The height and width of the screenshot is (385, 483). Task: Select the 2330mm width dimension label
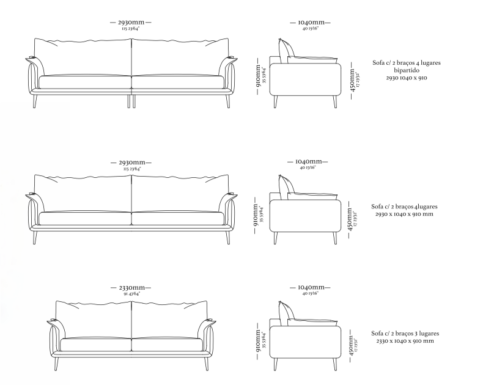[x=131, y=287]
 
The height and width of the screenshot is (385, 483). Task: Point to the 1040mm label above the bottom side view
[x=310, y=287]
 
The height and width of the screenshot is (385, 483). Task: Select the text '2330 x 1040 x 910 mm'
[x=406, y=341]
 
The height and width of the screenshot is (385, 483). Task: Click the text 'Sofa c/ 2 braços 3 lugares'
[x=406, y=333]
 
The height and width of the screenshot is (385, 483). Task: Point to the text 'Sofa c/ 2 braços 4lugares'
[x=406, y=207]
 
